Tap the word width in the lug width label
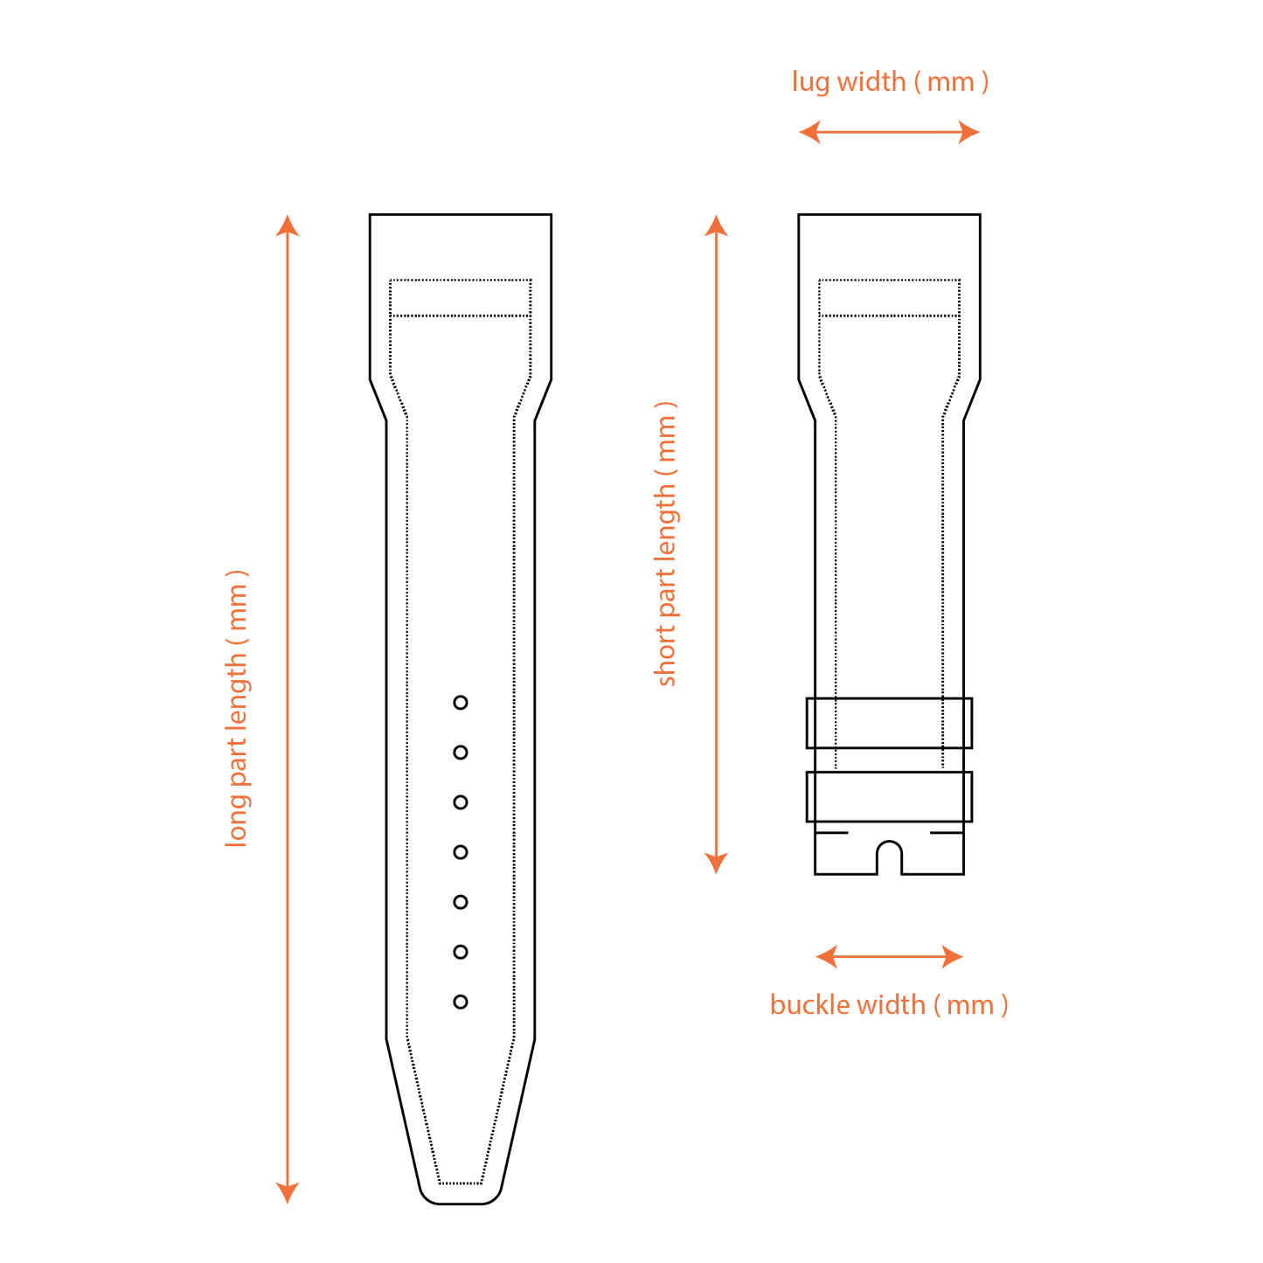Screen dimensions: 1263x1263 [871, 82]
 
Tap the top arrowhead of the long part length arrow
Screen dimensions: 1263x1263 [287, 225]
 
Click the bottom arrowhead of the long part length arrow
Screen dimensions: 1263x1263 [287, 1192]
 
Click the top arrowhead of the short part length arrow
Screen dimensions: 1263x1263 [716, 225]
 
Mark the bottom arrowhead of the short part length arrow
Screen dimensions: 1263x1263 [716, 864]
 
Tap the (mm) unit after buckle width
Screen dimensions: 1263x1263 [970, 1005]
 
